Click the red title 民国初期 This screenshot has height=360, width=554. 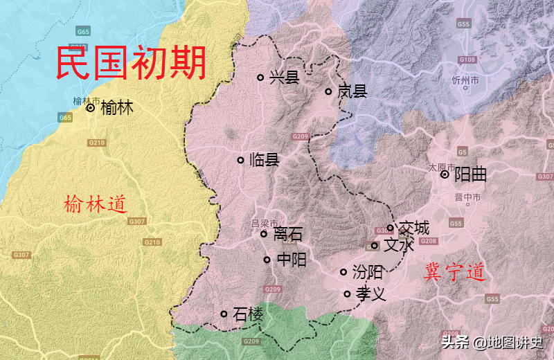point(131,63)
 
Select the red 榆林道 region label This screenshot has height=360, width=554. point(95,204)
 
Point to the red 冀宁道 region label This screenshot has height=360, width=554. point(454,272)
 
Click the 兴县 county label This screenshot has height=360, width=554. point(284,78)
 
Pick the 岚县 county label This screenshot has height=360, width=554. point(352,91)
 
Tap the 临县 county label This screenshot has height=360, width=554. point(263,161)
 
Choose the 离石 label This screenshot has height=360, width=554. point(287,234)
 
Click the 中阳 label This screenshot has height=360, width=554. point(290,260)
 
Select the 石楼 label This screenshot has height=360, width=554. point(248,314)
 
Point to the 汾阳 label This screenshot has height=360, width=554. point(367,272)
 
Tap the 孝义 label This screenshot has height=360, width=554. point(370,294)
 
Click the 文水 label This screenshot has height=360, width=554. point(398,245)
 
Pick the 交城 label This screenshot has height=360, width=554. point(413,228)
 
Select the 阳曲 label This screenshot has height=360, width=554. point(470,175)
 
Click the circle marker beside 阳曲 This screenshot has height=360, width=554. point(445,175)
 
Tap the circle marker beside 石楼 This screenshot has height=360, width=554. point(224,314)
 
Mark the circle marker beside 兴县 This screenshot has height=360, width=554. point(260,78)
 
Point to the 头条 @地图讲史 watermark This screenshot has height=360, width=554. point(492,342)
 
